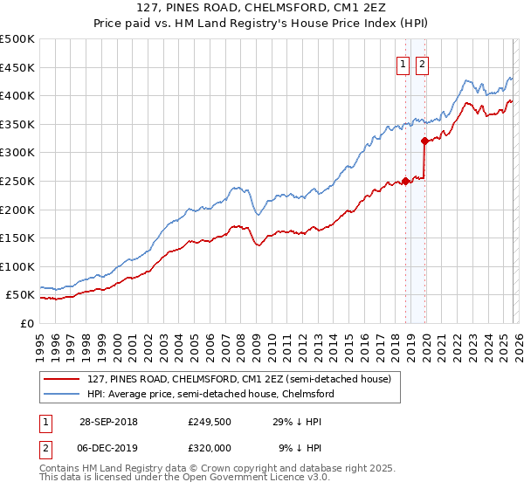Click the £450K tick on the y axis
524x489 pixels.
pyautogui.click(x=17, y=67)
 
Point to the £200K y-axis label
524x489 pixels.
pyautogui.click(x=17, y=210)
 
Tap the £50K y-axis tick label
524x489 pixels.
pyautogui.click(x=20, y=295)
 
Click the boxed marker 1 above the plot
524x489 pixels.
pyautogui.click(x=403, y=64)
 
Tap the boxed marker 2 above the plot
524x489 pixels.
pyautogui.click(x=422, y=64)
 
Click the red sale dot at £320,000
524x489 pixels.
pyautogui.click(x=424, y=141)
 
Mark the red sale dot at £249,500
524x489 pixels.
pyautogui.click(x=406, y=182)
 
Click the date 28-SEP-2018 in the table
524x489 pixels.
pyautogui.click(x=107, y=422)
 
